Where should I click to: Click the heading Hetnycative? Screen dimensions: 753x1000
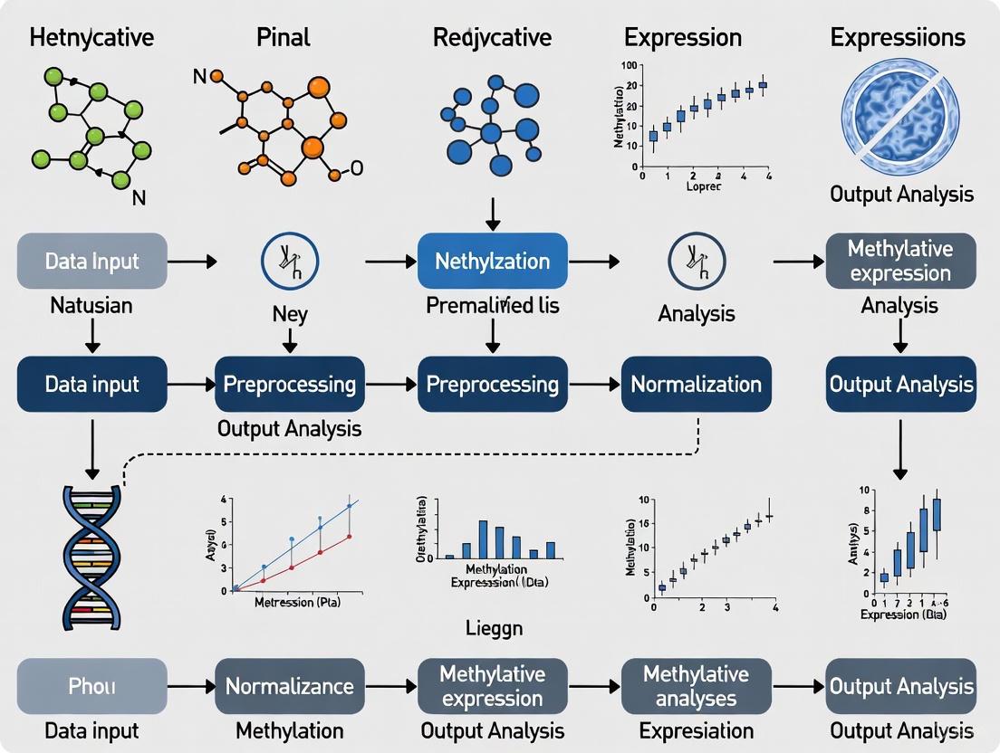[91, 38]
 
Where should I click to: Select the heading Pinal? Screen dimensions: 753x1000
[283, 38]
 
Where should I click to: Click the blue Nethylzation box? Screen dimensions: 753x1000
[492, 261]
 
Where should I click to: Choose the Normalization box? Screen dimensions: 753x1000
[696, 384]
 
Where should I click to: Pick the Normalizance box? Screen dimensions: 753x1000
[289, 686]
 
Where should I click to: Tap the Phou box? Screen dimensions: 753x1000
[91, 686]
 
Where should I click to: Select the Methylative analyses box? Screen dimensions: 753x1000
[696, 686]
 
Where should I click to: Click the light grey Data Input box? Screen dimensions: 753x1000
[91, 261]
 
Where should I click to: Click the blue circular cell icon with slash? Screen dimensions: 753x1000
[900, 115]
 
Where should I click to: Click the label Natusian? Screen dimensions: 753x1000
[91, 306]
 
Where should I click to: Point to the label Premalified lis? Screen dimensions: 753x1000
[492, 306]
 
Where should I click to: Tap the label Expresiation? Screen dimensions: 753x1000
[696, 730]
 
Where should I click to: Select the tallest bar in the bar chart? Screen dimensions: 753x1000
[483, 539]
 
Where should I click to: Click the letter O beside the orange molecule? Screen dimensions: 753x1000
[356, 168]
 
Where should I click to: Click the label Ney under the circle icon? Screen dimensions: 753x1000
[289, 315]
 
